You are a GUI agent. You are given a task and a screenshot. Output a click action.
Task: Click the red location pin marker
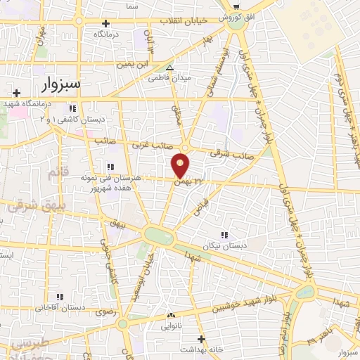[181, 165]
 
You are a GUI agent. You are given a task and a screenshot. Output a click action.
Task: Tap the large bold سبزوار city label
[57, 84]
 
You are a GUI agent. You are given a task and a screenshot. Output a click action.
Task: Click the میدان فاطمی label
[167, 79]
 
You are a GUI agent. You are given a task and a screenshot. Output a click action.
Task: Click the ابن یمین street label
[134, 63]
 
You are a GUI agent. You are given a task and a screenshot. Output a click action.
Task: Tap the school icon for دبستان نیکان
[224, 236]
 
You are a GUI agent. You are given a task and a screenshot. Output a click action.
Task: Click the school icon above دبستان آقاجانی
[60, 297]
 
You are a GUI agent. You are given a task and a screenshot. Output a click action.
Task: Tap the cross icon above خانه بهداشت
[201, 339]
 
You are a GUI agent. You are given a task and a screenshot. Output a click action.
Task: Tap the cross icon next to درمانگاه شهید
[17, 92]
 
